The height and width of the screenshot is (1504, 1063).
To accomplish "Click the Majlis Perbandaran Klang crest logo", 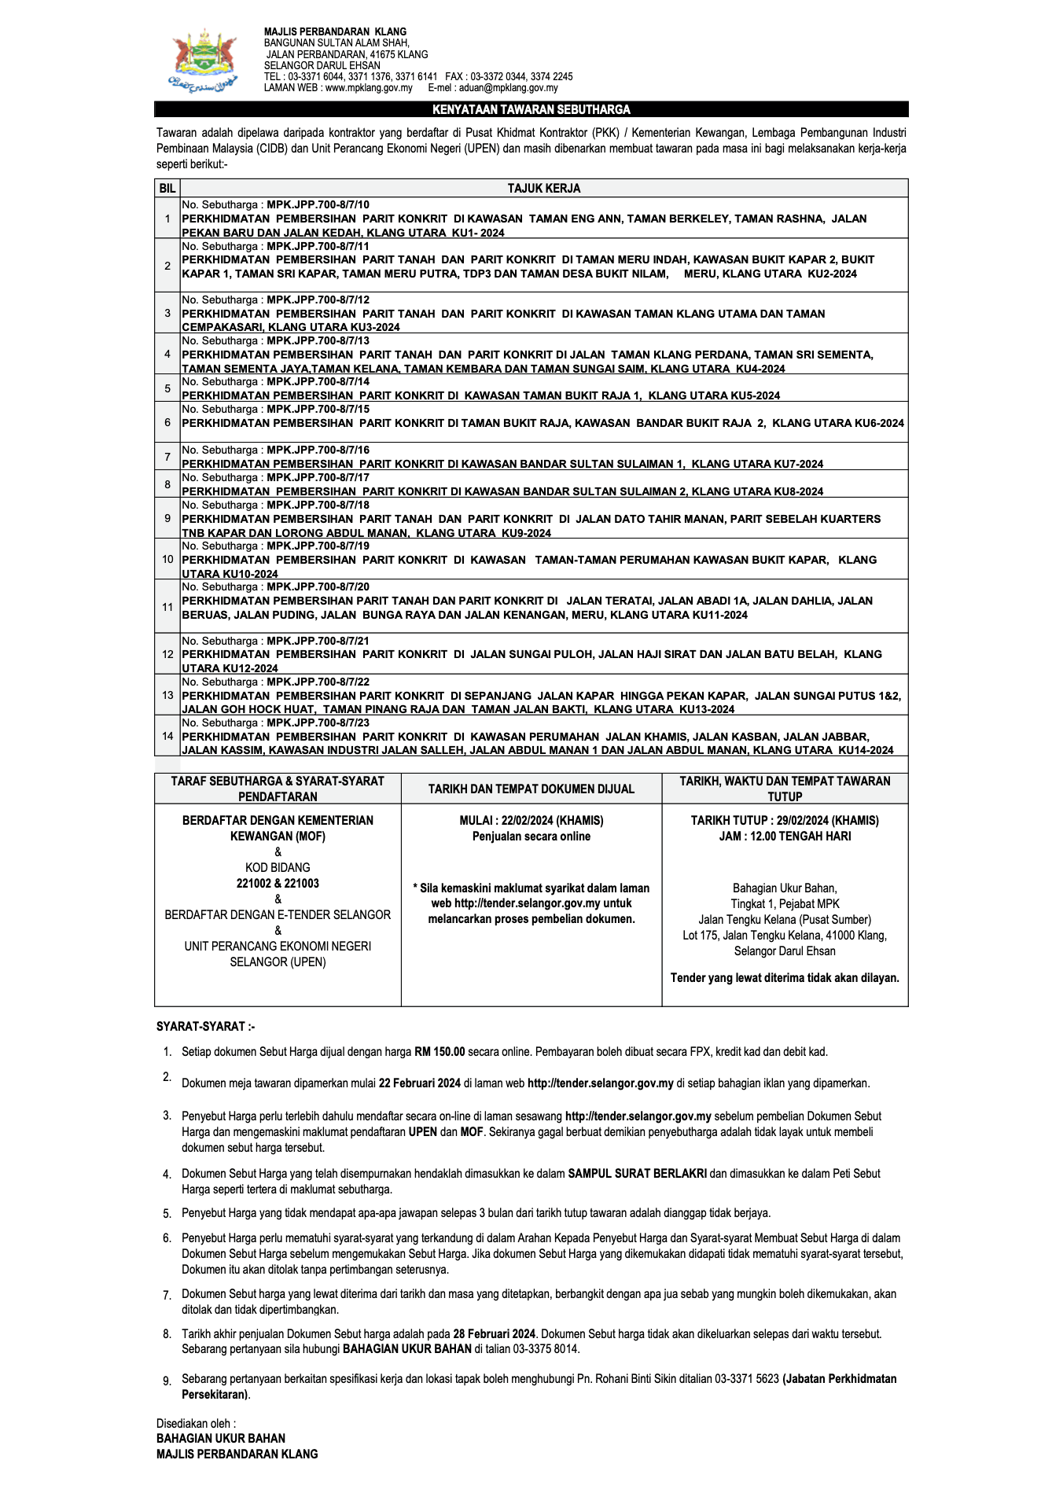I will pyautogui.click(x=203, y=61).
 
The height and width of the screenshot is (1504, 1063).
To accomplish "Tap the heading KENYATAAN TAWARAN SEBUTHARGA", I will pyautogui.click(x=531, y=109).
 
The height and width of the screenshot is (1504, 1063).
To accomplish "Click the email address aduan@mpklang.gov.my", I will pyautogui.click(x=508, y=88).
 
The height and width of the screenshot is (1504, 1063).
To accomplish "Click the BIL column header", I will pyautogui.click(x=167, y=189).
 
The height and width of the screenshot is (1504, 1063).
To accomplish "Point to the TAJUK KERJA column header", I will pyautogui.click(x=543, y=189).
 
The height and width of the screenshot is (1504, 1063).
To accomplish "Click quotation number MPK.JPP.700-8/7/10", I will pyautogui.click(x=318, y=204).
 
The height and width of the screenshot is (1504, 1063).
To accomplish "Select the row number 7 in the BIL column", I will pyautogui.click(x=167, y=457).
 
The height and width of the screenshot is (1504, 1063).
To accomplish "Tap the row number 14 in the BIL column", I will pyautogui.click(x=167, y=736).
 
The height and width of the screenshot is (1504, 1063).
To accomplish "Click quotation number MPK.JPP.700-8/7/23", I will pyautogui.click(x=318, y=723).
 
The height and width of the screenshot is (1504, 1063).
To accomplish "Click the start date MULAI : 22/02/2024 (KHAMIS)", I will pyautogui.click(x=531, y=820).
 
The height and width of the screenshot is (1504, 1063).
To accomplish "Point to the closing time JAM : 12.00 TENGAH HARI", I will pyautogui.click(x=785, y=836).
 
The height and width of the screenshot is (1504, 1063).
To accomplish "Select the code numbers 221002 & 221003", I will pyautogui.click(x=278, y=883).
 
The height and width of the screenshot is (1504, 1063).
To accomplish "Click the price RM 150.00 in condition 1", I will pyautogui.click(x=440, y=1051).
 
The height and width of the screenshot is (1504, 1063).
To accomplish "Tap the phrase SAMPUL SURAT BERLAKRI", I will pyautogui.click(x=637, y=1173).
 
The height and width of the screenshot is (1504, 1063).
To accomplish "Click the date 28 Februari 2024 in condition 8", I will pyautogui.click(x=494, y=1333).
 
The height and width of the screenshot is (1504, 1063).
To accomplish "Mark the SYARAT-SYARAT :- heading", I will pyautogui.click(x=205, y=1026).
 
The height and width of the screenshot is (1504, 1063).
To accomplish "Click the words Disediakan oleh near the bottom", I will pyautogui.click(x=195, y=1423).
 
